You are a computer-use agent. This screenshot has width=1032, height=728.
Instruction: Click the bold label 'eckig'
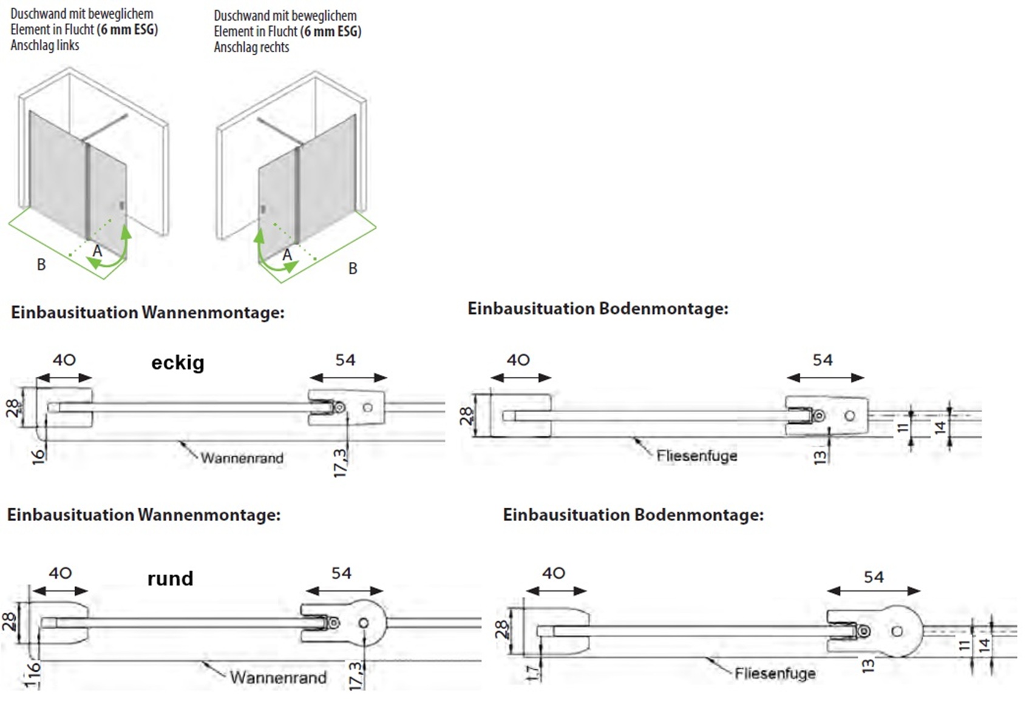pos(178,363)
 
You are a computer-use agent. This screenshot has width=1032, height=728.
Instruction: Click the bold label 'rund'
pos(170,578)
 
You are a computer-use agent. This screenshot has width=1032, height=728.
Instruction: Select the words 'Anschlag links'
pos(45,45)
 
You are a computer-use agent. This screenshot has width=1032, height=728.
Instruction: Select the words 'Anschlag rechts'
pos(251,47)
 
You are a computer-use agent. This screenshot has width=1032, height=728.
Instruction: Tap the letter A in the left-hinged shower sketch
pos(97,251)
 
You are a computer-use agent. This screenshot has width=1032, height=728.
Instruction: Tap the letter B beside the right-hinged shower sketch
pos(353,268)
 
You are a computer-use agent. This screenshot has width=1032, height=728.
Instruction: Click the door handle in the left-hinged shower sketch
pos(122,206)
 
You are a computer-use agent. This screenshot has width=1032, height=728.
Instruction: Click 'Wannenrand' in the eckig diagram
pos(242,458)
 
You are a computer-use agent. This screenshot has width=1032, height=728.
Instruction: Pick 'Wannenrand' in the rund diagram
pos(278,677)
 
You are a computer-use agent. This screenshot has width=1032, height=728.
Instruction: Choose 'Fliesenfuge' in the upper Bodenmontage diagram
pos(697,456)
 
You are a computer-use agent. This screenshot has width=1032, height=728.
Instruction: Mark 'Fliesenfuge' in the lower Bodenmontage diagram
pos(775,673)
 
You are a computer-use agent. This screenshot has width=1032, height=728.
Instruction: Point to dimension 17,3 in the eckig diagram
pos(341,462)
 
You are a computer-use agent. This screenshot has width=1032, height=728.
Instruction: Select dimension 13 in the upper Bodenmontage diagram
pos(820,457)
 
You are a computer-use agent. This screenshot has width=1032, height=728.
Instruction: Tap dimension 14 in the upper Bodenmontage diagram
pos(940,428)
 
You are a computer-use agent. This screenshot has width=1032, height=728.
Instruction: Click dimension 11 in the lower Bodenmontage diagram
pos(964,645)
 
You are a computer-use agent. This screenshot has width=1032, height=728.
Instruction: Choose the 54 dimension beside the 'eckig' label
pos(345,360)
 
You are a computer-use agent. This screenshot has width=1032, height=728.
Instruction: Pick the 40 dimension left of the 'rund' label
pos(60,573)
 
